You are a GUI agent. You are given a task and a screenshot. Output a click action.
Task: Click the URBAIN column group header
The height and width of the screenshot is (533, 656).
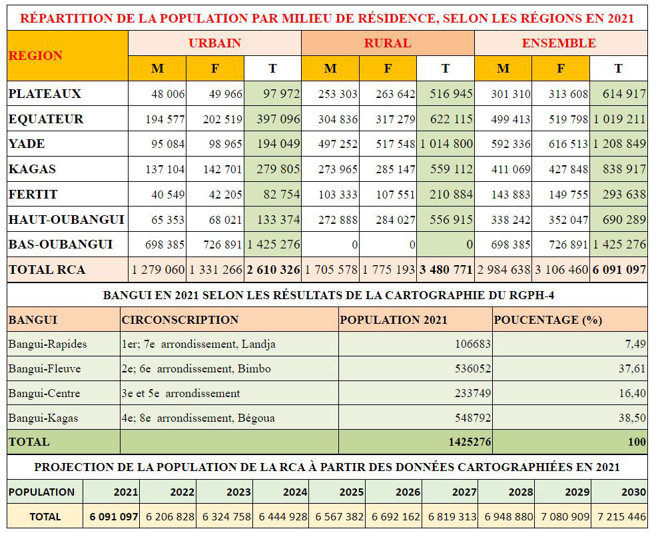[214, 43]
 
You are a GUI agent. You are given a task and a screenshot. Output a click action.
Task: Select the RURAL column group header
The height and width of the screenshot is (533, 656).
[388, 43]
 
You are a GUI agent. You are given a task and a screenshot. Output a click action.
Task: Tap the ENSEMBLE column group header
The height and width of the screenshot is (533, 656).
[559, 43]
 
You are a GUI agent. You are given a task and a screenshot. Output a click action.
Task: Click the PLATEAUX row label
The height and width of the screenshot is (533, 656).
[45, 93]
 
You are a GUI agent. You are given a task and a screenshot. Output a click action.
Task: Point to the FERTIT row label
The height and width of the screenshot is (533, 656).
[33, 194]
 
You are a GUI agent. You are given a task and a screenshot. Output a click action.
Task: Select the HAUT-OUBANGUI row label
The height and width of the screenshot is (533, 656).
[67, 219]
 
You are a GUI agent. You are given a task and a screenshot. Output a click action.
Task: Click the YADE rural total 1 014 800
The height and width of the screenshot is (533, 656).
[446, 144]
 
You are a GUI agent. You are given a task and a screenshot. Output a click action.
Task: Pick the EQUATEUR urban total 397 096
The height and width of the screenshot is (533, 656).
[278, 119]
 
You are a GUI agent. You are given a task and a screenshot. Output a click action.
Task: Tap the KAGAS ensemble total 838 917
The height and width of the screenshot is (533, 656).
[624, 169]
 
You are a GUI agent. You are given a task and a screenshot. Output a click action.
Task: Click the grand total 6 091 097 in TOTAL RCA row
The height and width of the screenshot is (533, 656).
[619, 270]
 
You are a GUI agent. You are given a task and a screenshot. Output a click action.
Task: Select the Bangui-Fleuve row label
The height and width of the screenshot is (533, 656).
[45, 368]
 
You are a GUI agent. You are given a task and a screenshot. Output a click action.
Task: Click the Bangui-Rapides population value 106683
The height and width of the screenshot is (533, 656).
[473, 344]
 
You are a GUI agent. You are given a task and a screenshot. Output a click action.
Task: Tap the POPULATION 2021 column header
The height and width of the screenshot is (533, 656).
[394, 320]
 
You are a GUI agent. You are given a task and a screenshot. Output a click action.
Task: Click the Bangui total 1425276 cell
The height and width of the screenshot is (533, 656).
[470, 442]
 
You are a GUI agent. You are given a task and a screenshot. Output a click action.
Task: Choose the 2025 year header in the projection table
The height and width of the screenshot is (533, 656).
[352, 492]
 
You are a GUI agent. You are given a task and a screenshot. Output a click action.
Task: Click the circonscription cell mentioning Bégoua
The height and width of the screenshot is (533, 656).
[198, 418]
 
